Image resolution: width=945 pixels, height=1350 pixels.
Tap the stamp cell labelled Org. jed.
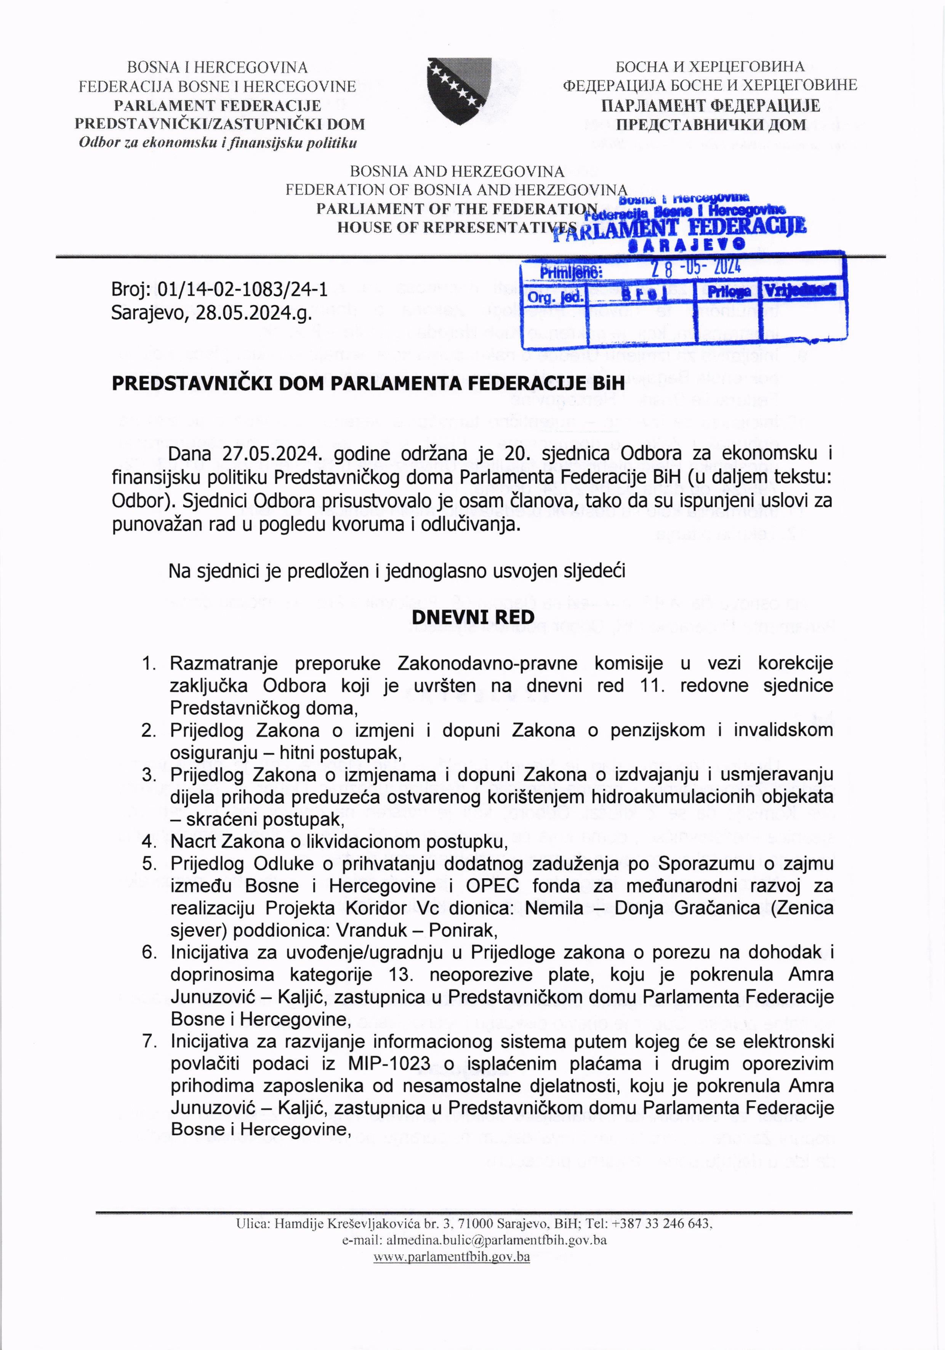coord(555,297)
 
